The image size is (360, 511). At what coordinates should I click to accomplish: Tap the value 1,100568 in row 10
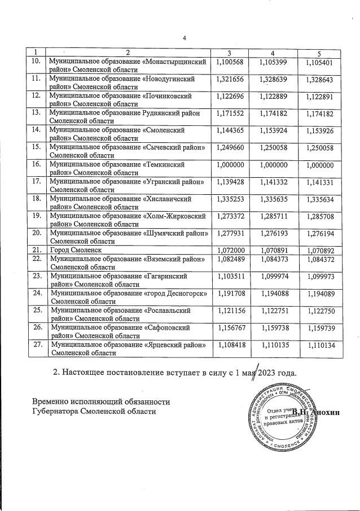coord(229,61)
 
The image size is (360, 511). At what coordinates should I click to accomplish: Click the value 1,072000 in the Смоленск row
coord(229,249)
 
